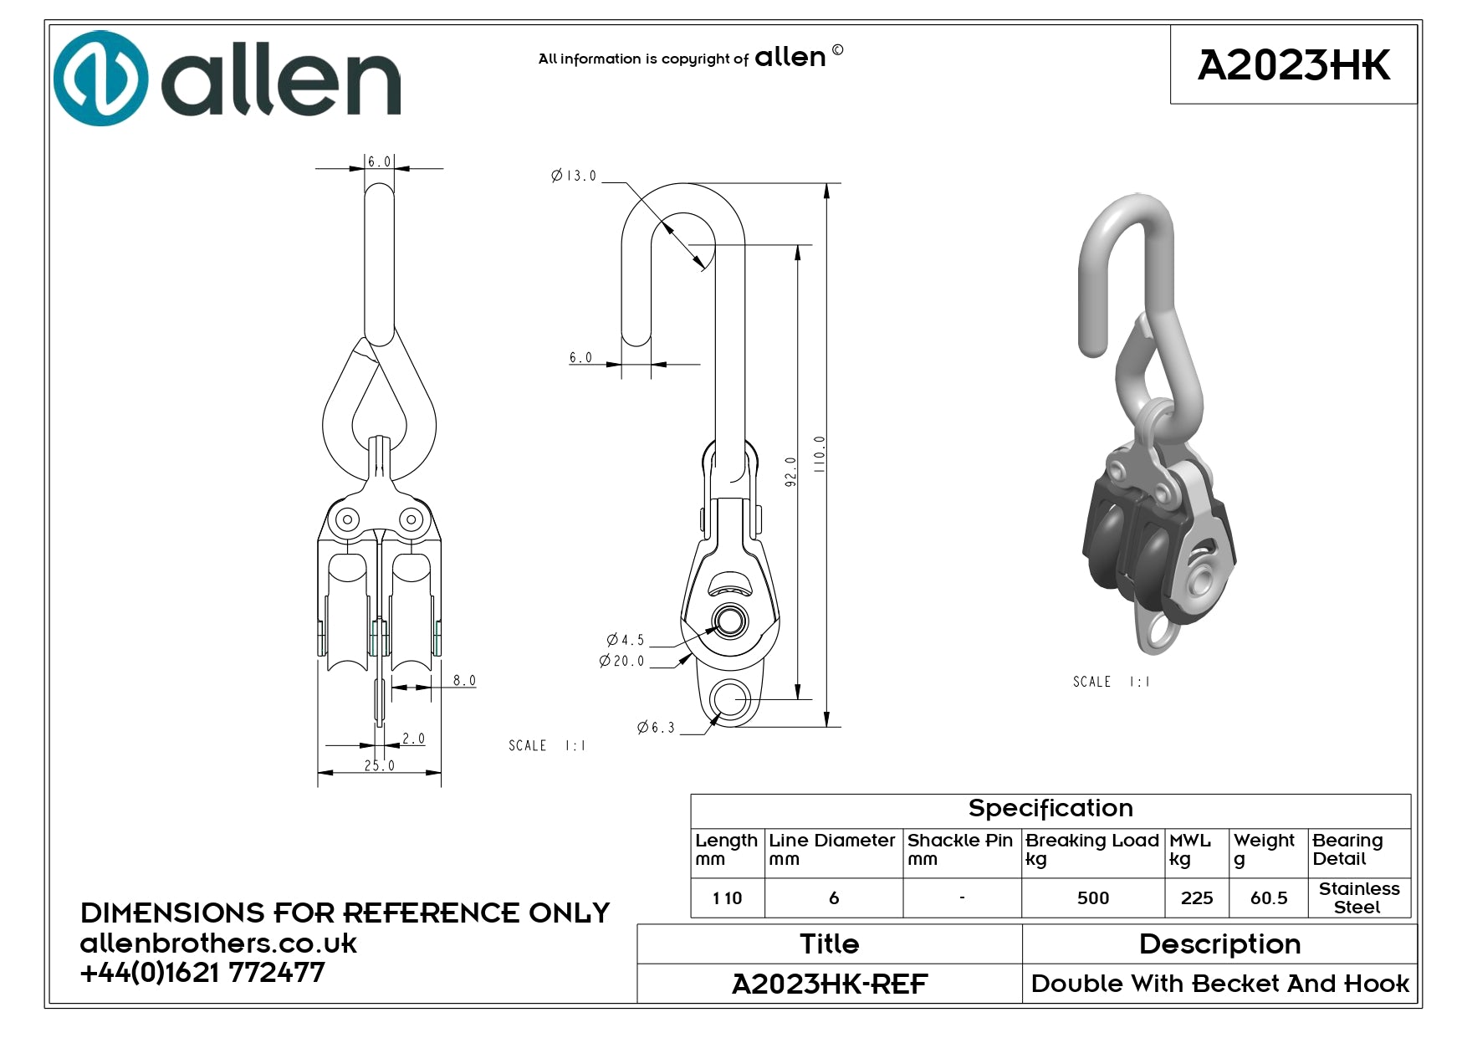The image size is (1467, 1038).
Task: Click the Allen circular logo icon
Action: point(100,78)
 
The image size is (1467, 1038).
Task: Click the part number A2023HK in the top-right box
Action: point(1293,65)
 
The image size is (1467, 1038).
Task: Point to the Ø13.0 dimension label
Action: point(574,176)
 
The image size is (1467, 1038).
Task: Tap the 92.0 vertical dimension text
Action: point(790,472)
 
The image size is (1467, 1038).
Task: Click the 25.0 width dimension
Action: point(380,764)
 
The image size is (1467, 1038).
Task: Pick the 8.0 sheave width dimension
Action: point(464,680)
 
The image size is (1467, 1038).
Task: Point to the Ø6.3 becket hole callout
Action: point(656,728)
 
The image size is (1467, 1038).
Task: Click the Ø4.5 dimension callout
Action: point(626,640)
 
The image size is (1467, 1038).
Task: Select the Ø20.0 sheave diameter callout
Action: point(622,661)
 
